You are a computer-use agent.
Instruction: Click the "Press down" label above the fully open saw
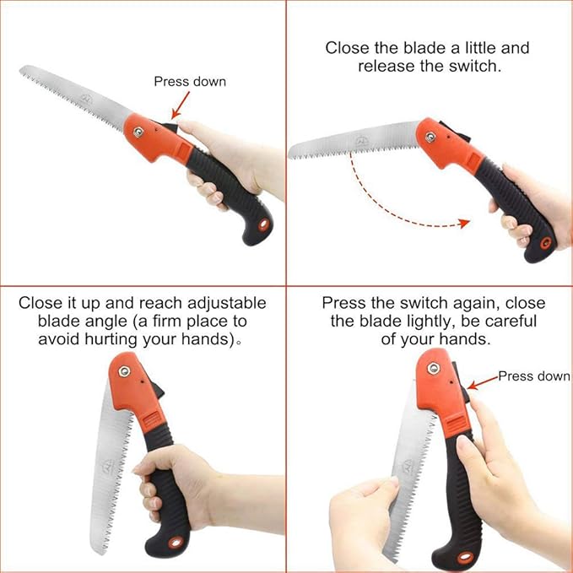pos(190,82)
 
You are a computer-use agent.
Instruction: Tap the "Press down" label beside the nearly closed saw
pos(533,376)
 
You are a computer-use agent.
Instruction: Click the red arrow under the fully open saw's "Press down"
pos(179,106)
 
